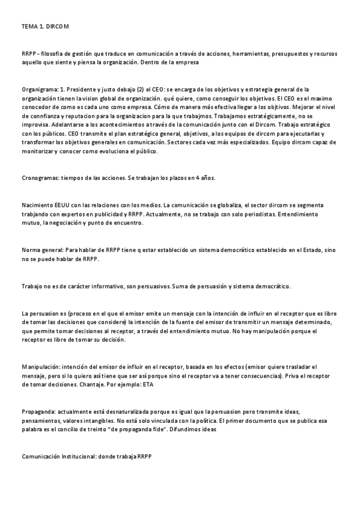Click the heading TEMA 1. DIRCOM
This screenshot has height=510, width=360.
point(45,27)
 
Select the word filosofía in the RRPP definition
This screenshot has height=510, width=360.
point(55,54)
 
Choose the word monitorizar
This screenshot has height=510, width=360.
point(37,152)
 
